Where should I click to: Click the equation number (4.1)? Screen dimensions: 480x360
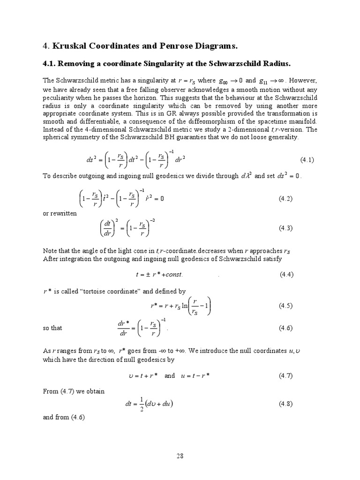point(307,160)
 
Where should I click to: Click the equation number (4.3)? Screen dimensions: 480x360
point(286,228)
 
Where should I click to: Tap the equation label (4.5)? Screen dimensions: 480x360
point(286,306)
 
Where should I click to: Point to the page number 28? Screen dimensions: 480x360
point(180,455)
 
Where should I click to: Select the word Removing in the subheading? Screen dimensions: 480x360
point(80,63)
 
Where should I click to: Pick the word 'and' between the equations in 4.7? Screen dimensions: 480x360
point(170,376)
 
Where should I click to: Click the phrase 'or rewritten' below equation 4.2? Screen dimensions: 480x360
point(60,213)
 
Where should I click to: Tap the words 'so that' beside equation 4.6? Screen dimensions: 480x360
point(52,328)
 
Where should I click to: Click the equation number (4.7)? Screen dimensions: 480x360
point(286,376)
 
